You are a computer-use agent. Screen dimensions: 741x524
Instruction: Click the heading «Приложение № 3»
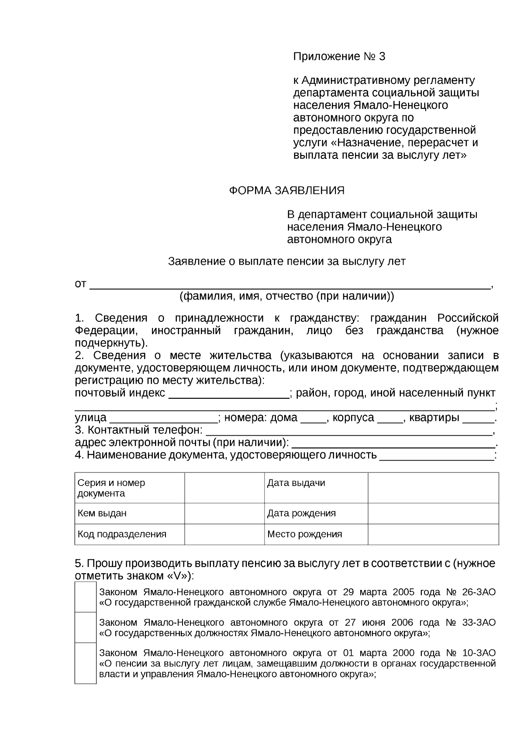pyautogui.click(x=339, y=57)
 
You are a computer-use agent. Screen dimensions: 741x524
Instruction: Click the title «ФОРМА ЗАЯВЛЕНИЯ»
pyautogui.click(x=287, y=191)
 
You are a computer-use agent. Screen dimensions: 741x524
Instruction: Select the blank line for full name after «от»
pyautogui.click(x=290, y=285)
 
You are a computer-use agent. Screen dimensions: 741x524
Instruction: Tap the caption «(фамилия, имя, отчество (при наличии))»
pyautogui.click(x=287, y=296)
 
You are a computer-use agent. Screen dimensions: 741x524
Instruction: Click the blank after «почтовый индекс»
pyautogui.click(x=228, y=395)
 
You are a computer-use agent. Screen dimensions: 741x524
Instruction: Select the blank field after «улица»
pyautogui.click(x=163, y=419)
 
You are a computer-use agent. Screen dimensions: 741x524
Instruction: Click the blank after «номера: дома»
pyautogui.click(x=314, y=419)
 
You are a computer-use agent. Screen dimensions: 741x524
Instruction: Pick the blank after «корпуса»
pyautogui.click(x=390, y=419)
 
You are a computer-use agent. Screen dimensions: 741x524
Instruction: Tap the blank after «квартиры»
pyautogui.click(x=478, y=419)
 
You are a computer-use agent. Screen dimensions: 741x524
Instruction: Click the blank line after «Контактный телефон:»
pyautogui.click(x=348, y=432)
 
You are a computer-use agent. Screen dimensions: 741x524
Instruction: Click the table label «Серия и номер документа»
pyautogui.click(x=111, y=488)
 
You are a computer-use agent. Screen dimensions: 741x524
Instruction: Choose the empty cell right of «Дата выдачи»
pyautogui.click(x=433, y=488)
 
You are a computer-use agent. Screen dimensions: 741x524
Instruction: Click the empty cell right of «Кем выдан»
pyautogui.click(x=224, y=514)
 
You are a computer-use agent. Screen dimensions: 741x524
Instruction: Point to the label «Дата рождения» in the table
pyautogui.click(x=301, y=514)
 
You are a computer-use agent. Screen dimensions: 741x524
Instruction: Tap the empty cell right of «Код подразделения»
pyautogui.click(x=224, y=534)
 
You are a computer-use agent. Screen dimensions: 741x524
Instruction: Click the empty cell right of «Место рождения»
pyautogui.click(x=433, y=534)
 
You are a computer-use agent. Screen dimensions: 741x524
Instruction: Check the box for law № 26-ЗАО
pyautogui.click(x=86, y=597)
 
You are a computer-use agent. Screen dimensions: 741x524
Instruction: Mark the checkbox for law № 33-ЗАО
pyautogui.click(x=86, y=627)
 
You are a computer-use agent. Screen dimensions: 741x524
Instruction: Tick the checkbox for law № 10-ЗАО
pyautogui.click(x=86, y=663)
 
